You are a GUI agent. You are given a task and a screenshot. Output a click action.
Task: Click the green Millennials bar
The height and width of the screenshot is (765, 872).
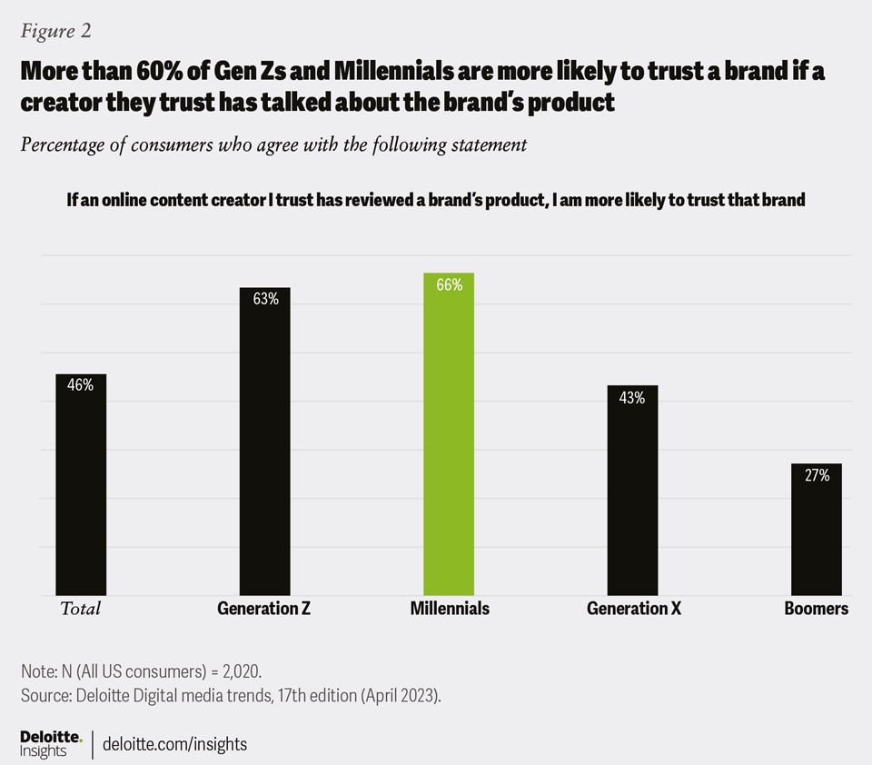point(449,436)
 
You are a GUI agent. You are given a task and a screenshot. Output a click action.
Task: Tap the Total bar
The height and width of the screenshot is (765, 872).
point(81,486)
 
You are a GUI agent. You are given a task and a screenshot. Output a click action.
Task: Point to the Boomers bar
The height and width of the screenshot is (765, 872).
point(816,531)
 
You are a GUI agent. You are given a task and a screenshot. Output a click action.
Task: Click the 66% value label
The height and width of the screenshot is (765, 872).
point(449,285)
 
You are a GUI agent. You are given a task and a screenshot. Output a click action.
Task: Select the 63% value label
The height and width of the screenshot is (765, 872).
point(265,299)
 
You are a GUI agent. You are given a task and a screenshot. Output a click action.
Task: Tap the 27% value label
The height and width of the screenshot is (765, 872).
point(816,475)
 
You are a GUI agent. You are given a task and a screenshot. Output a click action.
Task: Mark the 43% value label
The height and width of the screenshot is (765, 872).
point(632,397)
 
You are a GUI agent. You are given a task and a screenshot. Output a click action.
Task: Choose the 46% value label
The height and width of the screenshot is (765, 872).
point(81,385)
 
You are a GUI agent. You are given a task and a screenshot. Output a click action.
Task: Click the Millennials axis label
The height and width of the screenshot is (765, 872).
point(450,609)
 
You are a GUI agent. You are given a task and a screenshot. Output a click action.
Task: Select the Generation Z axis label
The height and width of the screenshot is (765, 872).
point(264,609)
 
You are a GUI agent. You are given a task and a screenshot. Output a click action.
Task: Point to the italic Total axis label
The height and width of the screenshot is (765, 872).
point(80,609)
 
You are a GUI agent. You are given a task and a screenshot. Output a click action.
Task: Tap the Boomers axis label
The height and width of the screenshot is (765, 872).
point(816,609)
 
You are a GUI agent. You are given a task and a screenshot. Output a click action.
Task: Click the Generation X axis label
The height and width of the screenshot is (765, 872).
point(634,609)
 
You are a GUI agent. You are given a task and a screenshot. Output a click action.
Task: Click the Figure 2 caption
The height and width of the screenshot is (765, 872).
point(56,31)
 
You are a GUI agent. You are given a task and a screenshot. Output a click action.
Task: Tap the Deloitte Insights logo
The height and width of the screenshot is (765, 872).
point(51,742)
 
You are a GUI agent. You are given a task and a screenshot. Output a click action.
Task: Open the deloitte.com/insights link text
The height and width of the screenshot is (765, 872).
point(175,744)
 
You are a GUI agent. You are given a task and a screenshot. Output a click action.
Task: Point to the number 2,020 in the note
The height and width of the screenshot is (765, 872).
point(240,672)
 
